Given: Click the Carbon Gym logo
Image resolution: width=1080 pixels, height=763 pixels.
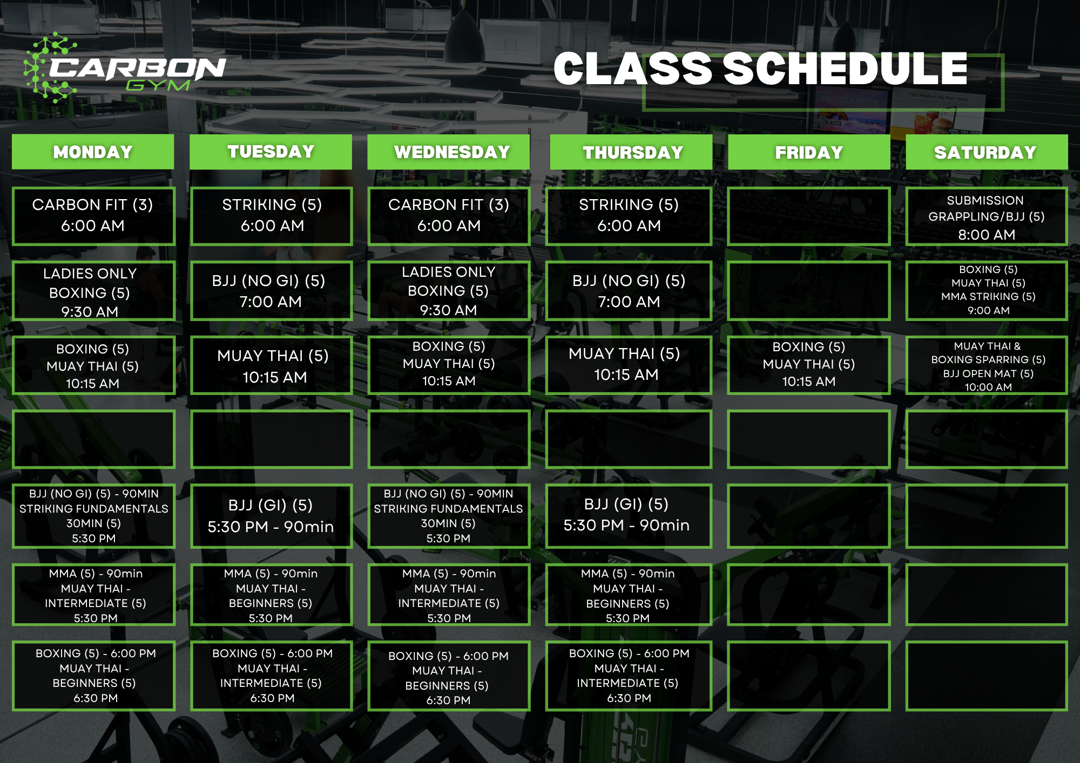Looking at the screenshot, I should click(x=124, y=69).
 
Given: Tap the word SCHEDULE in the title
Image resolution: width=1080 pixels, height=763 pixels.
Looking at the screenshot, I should click(x=845, y=70).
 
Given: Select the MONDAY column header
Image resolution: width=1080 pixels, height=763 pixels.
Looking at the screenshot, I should click(x=93, y=152).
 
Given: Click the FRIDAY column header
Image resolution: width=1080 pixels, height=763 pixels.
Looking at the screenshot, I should click(x=809, y=152).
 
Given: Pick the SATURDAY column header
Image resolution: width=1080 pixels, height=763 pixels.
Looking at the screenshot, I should click(x=986, y=152).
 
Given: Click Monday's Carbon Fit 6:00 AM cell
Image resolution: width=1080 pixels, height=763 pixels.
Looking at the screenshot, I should click(x=93, y=216).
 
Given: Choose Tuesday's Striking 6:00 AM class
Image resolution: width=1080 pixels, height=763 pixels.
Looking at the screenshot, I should click(x=272, y=216).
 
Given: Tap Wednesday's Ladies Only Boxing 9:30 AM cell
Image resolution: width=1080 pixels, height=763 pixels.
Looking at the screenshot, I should click(x=449, y=291).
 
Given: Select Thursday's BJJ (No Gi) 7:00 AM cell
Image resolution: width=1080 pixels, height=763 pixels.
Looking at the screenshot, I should click(x=629, y=291).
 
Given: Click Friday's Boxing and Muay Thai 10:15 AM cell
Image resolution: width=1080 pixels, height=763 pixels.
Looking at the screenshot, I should click(x=809, y=365).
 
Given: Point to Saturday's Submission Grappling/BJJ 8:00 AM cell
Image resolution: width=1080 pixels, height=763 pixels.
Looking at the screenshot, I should click(x=986, y=217).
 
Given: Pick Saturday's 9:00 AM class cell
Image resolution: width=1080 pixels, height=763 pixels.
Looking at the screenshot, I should click(x=987, y=290).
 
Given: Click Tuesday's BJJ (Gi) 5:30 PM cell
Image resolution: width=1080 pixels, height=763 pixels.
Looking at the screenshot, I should click(x=271, y=516).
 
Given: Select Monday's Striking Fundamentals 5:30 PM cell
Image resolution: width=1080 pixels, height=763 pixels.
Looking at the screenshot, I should click(x=93, y=516).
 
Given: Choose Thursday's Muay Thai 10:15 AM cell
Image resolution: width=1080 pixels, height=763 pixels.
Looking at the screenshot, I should click(x=629, y=365).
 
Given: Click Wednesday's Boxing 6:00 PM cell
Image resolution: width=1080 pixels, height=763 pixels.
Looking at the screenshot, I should click(x=449, y=677).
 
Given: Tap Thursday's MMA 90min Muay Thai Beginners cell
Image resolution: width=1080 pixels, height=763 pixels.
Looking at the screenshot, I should click(x=629, y=595).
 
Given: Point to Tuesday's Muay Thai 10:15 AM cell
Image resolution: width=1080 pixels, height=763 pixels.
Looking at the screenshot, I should click(x=272, y=366).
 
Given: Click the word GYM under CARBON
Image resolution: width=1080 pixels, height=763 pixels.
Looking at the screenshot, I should click(x=158, y=86).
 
